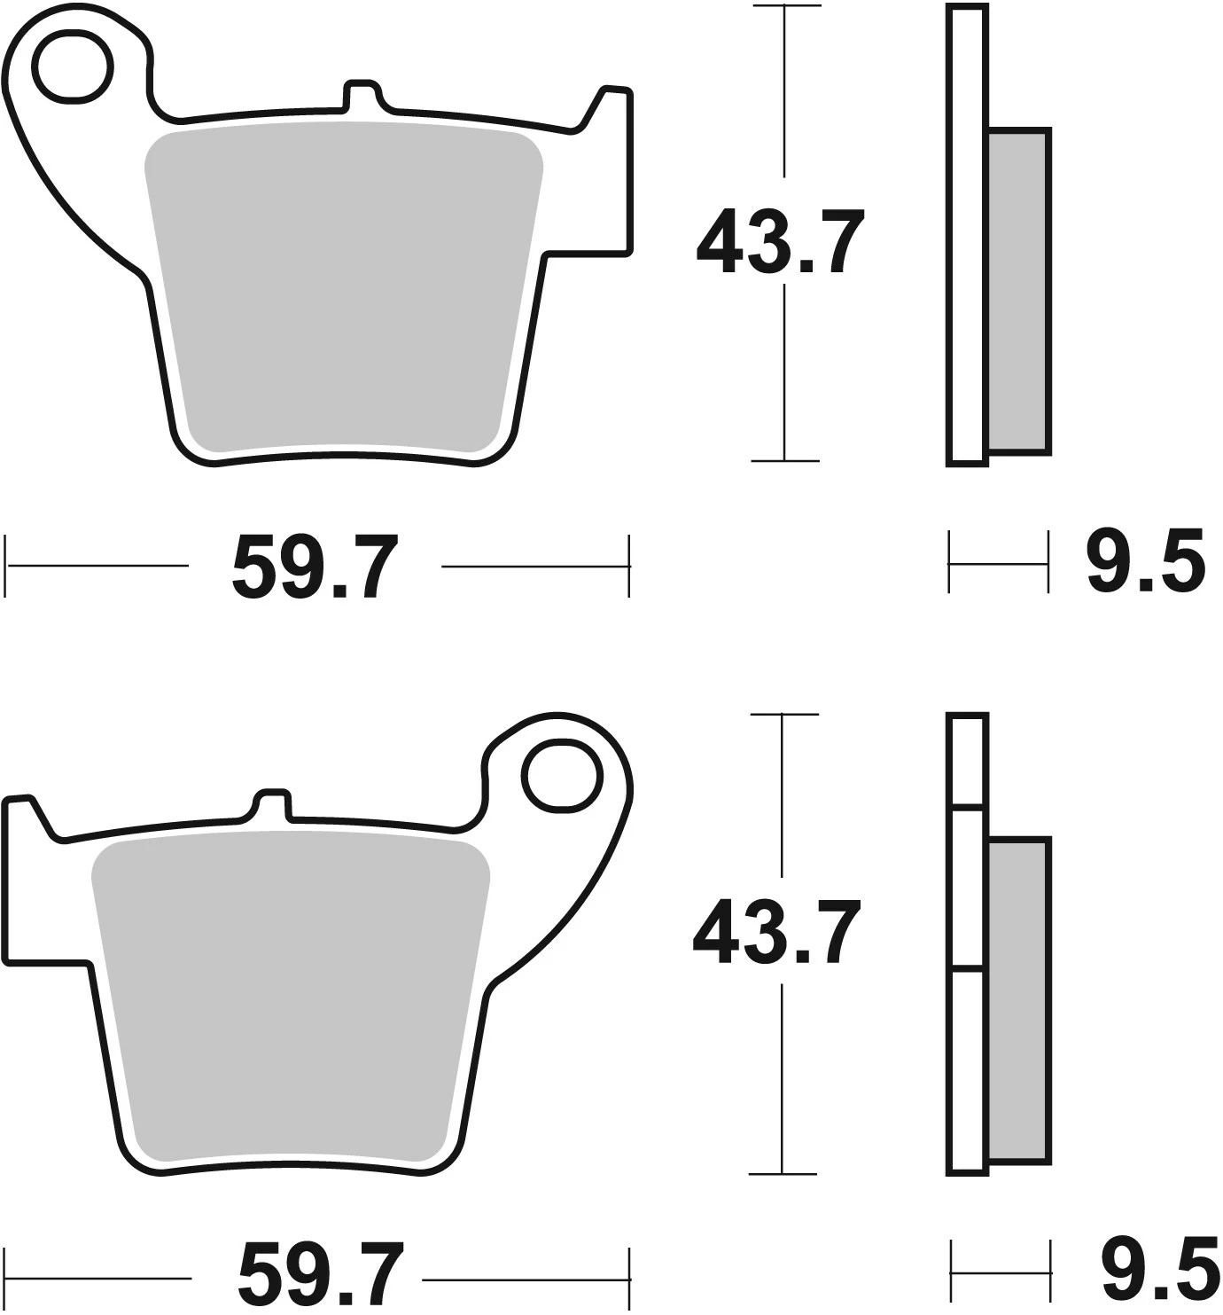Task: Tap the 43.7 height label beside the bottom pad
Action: pos(776,933)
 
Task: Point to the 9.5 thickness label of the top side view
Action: pos(1145,562)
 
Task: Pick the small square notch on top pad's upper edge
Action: pos(362,96)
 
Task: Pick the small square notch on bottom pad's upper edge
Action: pos(273,803)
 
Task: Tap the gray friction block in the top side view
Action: pos(1018,291)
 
